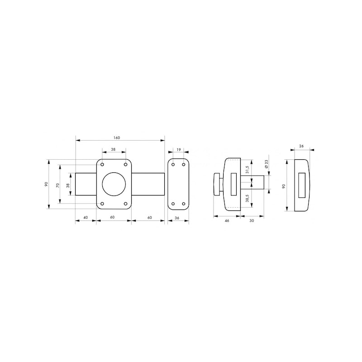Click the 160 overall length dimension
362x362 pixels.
(x=117, y=137)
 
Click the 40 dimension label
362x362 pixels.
(x=86, y=218)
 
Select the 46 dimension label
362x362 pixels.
(x=227, y=220)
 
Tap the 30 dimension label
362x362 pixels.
(x=251, y=220)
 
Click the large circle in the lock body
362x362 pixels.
(x=114, y=184)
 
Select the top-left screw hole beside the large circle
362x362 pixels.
(x=103, y=164)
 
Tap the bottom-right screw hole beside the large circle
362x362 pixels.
(x=125, y=204)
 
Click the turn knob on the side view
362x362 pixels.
(x=218, y=184)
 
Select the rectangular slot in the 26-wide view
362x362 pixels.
(x=301, y=184)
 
